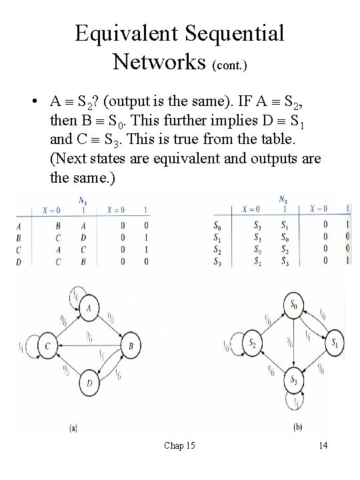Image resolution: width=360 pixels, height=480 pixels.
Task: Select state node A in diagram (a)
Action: (89, 307)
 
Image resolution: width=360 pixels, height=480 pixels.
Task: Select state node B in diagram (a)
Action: (132, 345)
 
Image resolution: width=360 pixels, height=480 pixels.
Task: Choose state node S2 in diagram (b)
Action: (251, 343)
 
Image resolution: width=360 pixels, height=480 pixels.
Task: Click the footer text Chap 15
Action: (179, 445)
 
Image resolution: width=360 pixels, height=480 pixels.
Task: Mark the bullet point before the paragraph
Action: (33, 102)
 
